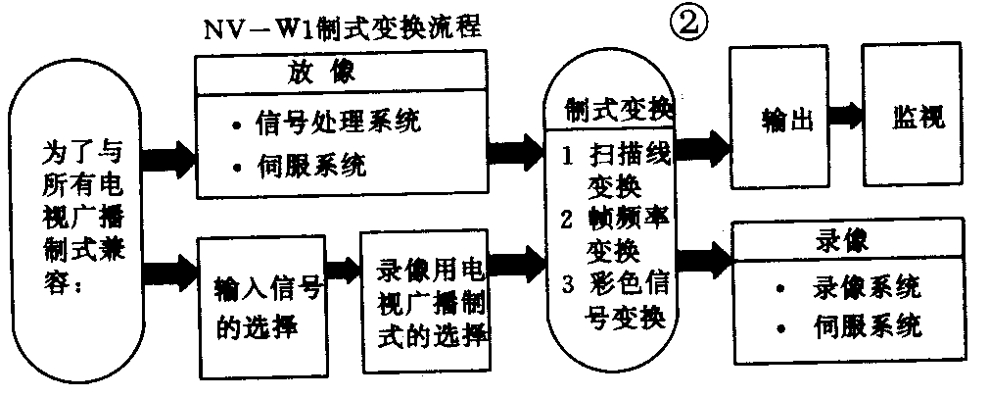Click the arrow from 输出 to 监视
[844, 116]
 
